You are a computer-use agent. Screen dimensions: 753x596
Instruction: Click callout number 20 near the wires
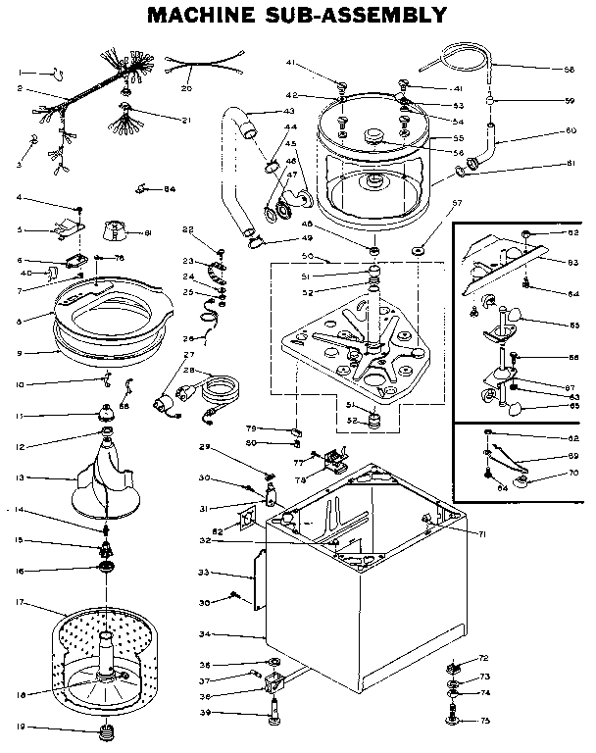185,88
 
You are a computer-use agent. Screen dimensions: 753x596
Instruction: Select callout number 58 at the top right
569,70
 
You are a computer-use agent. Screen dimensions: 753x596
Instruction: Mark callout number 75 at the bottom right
483,721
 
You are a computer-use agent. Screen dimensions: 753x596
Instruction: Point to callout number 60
570,130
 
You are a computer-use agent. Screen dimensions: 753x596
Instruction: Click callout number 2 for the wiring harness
19,89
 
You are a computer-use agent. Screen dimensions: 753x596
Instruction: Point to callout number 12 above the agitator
19,448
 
